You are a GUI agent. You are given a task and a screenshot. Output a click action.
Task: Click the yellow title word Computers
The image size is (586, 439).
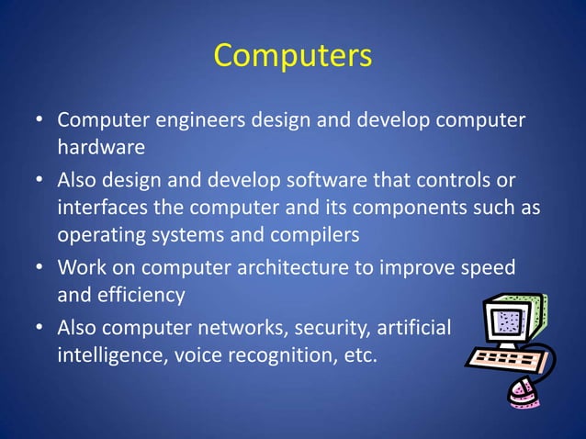tap(293, 55)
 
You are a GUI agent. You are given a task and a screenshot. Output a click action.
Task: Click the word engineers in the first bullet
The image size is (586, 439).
tap(196, 121)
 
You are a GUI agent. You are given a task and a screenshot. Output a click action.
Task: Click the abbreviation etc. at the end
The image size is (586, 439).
tap(358, 355)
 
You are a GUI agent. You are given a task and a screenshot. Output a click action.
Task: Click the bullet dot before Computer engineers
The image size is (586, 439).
tap(39, 121)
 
